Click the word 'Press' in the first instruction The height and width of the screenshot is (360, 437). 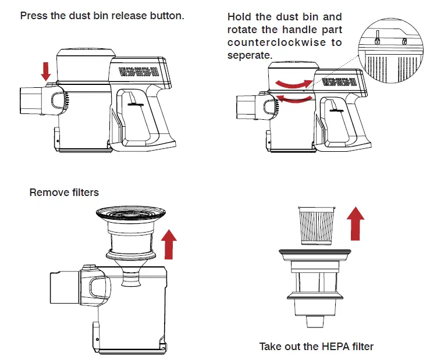pos(33,16)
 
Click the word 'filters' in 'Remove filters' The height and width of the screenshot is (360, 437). pos(84,192)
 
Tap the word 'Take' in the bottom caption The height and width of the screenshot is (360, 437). pos(270,347)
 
